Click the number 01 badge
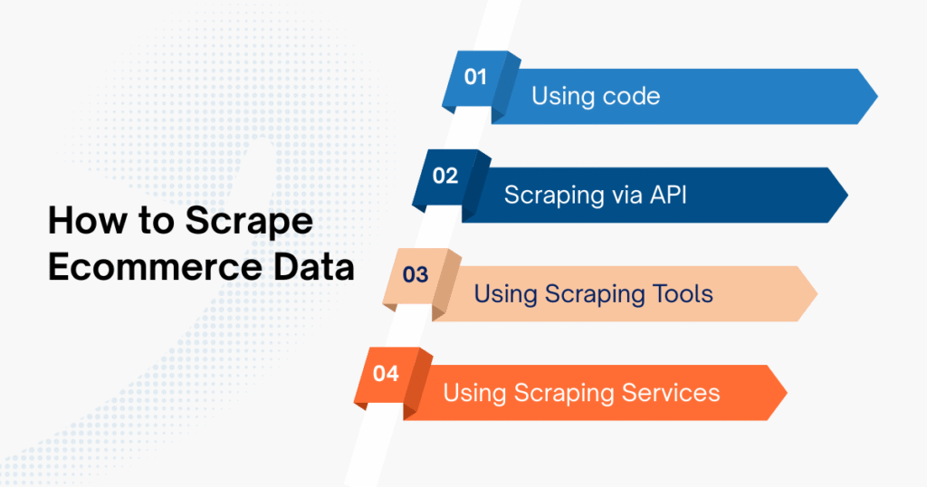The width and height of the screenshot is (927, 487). [475, 77]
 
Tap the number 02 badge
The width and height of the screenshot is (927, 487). [445, 176]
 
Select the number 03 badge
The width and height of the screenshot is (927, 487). [415, 275]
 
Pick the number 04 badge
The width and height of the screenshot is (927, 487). [386, 374]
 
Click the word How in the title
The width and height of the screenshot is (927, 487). [82, 223]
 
